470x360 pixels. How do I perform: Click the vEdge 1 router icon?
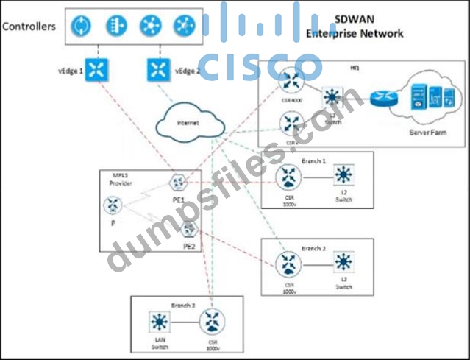point(95,71)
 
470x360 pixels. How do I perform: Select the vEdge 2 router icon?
point(156,71)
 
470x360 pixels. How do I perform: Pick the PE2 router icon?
point(189,229)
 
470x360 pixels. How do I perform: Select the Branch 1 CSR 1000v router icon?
point(285,177)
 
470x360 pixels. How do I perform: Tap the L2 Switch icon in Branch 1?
point(342,176)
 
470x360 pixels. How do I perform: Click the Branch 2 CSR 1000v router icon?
point(285,264)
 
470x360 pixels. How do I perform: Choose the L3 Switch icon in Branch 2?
point(342,262)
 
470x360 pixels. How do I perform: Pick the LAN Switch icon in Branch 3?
point(157,321)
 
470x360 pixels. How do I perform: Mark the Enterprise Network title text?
point(355,34)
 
